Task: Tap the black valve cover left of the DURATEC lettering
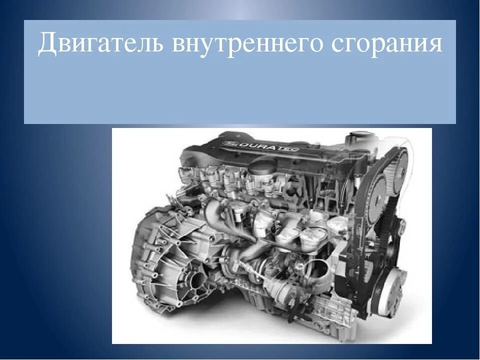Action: pyautogui.click(x=200, y=150)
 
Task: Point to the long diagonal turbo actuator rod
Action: pyautogui.click(x=260, y=270)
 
